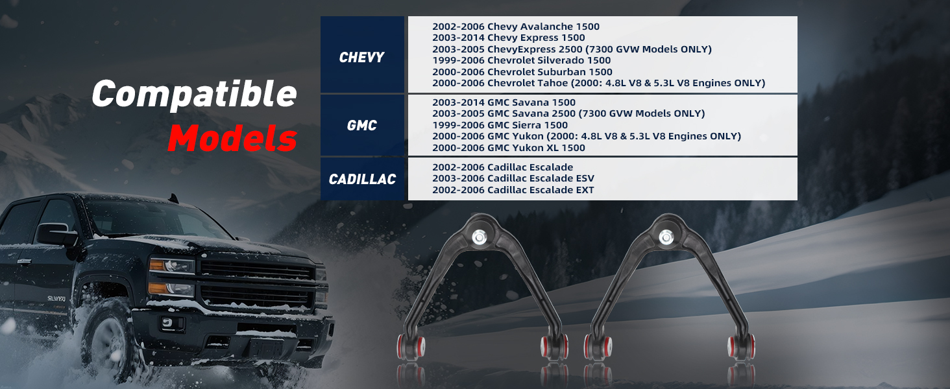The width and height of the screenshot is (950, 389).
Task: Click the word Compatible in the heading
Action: pos(194,94)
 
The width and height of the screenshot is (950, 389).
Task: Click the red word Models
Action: pos(232,138)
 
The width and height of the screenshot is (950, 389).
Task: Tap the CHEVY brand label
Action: pos(361,57)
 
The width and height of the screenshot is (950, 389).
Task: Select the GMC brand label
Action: pos(361,125)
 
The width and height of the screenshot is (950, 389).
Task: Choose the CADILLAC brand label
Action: pos(362,179)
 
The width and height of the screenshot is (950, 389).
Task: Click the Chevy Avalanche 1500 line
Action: pos(516,27)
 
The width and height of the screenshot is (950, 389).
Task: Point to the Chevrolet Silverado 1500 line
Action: pos(521,60)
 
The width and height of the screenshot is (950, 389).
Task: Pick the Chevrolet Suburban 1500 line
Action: pos(522,71)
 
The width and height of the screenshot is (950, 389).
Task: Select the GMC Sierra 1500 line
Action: pos(500,125)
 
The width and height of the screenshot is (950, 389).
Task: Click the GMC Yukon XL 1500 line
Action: pos(509,147)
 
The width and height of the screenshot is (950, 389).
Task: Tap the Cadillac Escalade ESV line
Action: pos(513,178)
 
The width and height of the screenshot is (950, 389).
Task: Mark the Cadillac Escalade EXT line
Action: pos(513,190)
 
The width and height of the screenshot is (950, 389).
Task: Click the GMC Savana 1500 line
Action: pos(504,102)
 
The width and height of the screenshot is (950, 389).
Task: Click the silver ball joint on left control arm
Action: pos(480,237)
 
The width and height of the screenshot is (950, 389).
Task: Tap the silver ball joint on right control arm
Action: pos(666,237)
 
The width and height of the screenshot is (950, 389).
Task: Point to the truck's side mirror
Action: pos(56,234)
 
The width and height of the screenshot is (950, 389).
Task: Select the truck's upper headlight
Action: pos(171,266)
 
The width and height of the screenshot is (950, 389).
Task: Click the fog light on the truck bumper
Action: pos(168,324)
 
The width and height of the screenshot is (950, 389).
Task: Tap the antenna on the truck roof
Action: pos(173,198)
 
